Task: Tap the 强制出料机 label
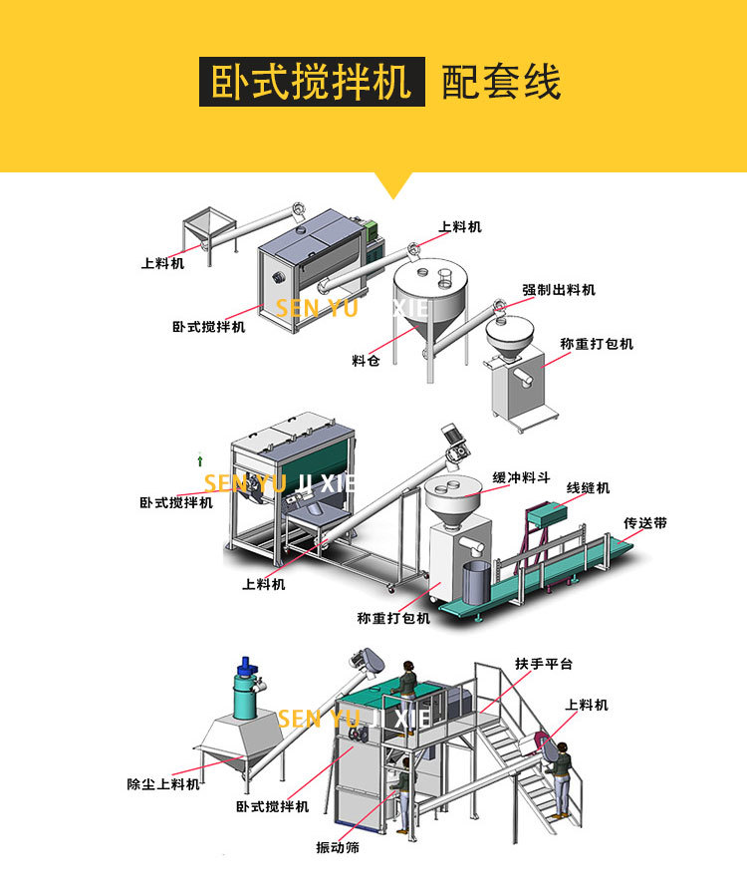click(x=559, y=290)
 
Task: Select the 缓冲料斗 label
click(x=520, y=477)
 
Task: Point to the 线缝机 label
click(x=588, y=488)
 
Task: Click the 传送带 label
click(x=644, y=522)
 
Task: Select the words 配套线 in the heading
click(x=501, y=83)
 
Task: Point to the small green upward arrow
click(x=200, y=460)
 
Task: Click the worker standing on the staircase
click(x=563, y=777)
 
